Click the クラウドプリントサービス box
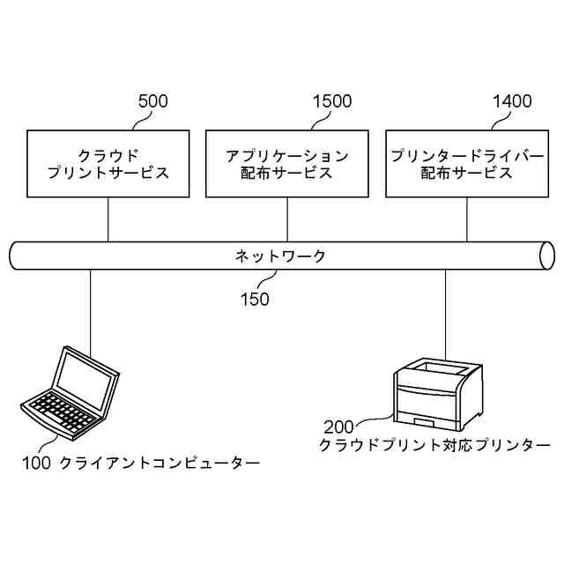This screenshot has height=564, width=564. coord(108,163)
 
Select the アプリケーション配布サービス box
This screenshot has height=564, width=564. coord(286,163)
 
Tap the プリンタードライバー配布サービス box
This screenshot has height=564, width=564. coord(465,163)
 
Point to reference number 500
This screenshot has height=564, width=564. coord(153,101)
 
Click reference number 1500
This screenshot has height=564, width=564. coord(332,101)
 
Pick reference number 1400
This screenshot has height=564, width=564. coord(512,101)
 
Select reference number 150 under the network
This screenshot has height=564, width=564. coord(255,299)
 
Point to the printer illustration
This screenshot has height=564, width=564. coord(438,389)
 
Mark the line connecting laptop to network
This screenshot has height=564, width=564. coord(91,308)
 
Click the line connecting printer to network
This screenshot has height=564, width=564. coord(445,313)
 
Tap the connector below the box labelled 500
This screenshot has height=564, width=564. coord(108,219)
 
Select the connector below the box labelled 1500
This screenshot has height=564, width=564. coord(286,219)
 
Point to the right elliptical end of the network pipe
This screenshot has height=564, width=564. coord(547,256)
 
